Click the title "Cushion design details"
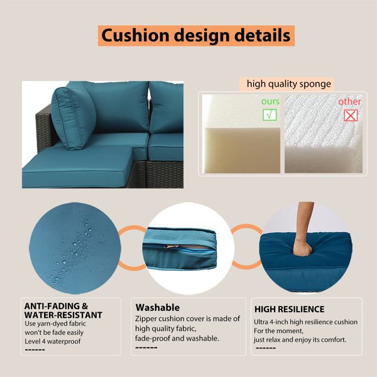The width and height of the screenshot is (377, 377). point(196,36)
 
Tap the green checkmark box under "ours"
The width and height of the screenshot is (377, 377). point(270,115)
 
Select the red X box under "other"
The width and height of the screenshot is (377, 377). point(351,116)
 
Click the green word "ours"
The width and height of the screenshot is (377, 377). point(270,101)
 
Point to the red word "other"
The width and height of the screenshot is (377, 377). point(349,102)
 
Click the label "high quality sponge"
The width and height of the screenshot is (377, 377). point(289,84)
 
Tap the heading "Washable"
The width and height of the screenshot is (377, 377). point(158,307)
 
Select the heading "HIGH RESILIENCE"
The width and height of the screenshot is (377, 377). point(289,309)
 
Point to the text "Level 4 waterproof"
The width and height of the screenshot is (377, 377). point(53,341)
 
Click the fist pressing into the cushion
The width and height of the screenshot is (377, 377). point(302,248)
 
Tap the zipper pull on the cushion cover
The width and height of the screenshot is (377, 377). point(171,246)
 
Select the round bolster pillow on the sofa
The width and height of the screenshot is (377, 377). point(74,118)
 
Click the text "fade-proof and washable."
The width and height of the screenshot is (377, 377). point(177,338)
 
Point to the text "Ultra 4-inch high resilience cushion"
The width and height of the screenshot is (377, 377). point(305,322)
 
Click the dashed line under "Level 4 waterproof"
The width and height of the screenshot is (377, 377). point(35,349)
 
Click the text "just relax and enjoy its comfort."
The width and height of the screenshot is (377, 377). point(300,339)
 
